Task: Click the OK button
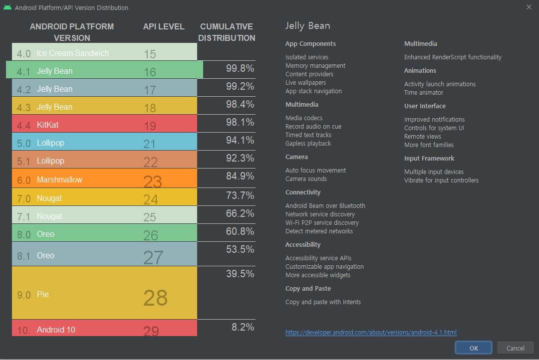click(473, 348)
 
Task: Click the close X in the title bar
click(529, 7)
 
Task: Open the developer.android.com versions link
click(371, 332)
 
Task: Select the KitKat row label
click(47, 125)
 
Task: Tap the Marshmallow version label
click(59, 180)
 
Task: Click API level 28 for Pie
click(155, 297)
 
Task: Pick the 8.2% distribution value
click(243, 327)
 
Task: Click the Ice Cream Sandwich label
click(73, 53)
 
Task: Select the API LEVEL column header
click(164, 26)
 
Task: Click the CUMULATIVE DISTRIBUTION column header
click(227, 32)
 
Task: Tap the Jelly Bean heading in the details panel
click(307, 26)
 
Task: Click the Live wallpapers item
click(305, 83)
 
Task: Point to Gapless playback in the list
click(308, 144)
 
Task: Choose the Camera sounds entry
click(306, 179)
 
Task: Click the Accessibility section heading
click(303, 245)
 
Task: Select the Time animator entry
click(423, 93)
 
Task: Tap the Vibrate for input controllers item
click(441, 180)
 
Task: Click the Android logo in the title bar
click(7, 7)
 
